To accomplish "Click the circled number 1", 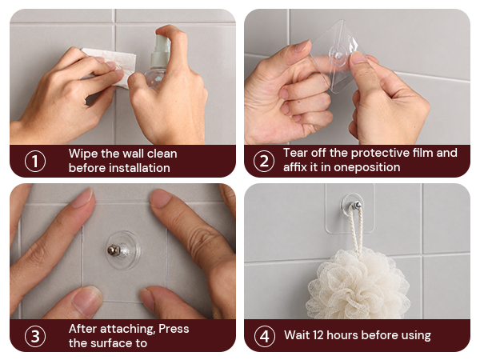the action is pos(35,161).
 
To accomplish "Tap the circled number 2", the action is pos(264,161).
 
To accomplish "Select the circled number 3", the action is pos(35,336).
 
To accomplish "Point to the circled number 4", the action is pos(264,336).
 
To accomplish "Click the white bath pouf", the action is pos(358,284).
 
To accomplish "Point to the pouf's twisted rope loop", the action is pos(357,228).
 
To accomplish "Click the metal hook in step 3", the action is pos(114,250).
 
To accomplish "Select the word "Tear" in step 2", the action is pos(294,153).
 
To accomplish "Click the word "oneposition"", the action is pos(366,167).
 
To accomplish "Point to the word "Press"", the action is pos(174,329).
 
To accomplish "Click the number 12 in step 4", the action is pos(318,335).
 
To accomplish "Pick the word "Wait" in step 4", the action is pos(297,335).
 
